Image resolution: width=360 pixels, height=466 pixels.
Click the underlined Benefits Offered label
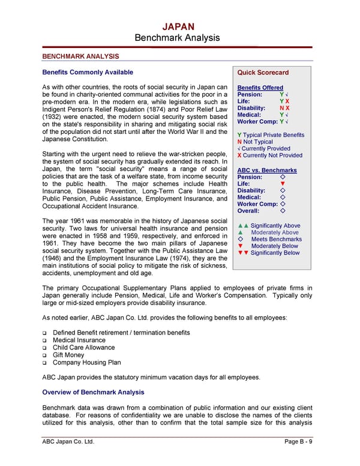point(260,88)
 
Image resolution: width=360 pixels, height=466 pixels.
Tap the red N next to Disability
point(281,108)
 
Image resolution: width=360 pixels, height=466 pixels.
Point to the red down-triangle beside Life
point(282,184)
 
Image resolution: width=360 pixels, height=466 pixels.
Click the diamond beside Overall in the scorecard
point(282,211)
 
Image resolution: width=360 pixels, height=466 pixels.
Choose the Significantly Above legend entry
point(269,226)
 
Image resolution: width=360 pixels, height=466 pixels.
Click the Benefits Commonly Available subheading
point(88,72)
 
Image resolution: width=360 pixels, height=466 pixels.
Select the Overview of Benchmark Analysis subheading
point(93,392)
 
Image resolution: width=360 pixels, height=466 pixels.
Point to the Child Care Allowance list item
point(83,347)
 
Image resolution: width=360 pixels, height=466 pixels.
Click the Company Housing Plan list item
point(86,362)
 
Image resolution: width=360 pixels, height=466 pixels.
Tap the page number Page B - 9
point(301,443)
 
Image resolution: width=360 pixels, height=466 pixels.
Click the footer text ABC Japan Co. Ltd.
point(68,443)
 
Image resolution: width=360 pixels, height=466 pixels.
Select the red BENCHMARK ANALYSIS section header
point(80,56)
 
